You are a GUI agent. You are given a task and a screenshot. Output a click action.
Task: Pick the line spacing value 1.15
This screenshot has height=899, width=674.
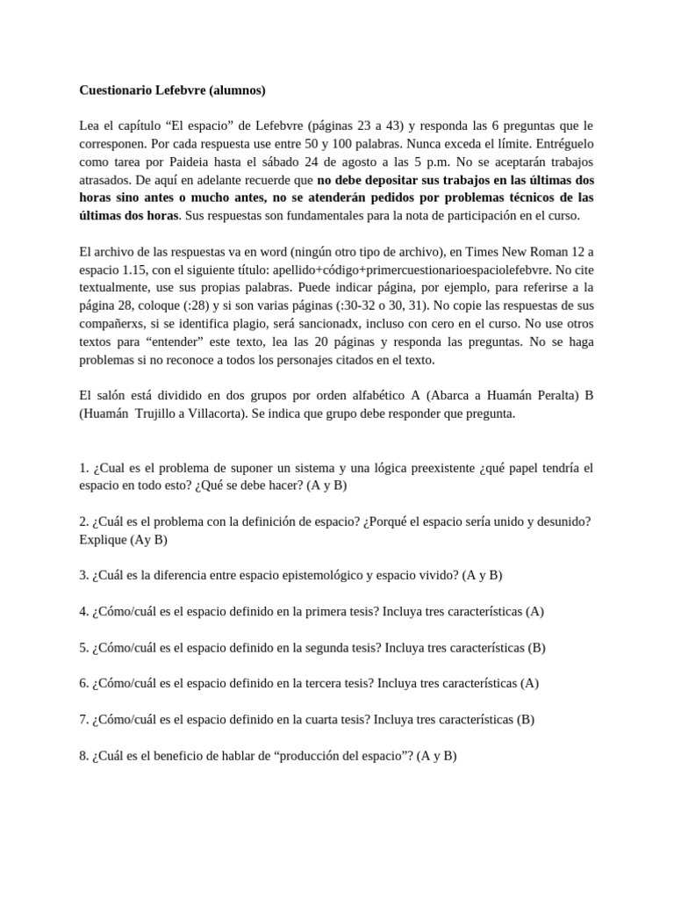[x=139, y=270]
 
